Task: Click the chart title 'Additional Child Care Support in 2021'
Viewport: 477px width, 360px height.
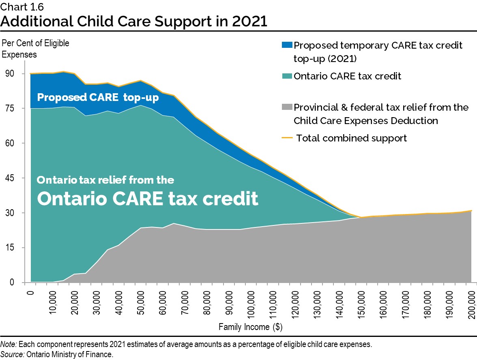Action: [134, 21]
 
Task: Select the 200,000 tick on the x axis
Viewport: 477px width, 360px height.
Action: [472, 303]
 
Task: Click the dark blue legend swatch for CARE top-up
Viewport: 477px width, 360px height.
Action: [287, 45]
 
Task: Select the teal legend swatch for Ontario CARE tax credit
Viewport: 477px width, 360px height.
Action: [287, 76]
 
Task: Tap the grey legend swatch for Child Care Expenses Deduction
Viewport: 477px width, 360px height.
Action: [287, 107]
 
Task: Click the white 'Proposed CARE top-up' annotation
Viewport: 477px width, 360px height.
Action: [97, 98]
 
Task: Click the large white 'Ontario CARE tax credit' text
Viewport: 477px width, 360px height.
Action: [148, 199]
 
